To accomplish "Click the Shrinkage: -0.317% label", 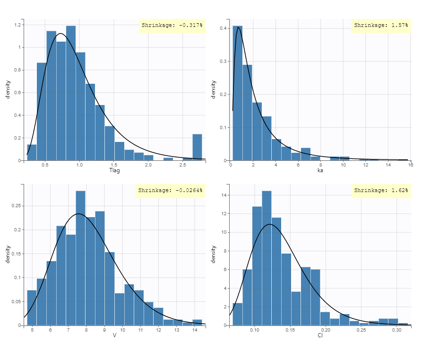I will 172,25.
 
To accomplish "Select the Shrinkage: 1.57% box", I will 380,25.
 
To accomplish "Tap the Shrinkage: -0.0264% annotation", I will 170,190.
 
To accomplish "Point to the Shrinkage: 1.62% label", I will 380,190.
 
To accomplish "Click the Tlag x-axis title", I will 114,170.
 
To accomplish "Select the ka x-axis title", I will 320,170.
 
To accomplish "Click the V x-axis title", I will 114,335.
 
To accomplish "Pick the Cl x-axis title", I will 320,335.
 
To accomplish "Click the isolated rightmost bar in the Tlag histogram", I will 197,147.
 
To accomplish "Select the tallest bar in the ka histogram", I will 237,95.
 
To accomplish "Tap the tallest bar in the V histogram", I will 80,258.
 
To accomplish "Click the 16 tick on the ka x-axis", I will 410,165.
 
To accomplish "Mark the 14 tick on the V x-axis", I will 195,330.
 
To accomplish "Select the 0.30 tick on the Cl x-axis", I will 396,330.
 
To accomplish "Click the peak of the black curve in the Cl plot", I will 269,224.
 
